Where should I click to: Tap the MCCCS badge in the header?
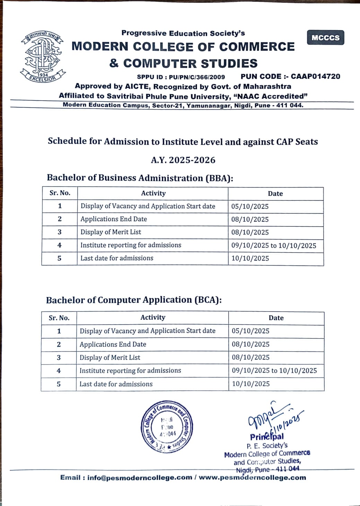pyautogui.click(x=325, y=38)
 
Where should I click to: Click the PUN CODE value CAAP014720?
pyautogui.click(x=315, y=76)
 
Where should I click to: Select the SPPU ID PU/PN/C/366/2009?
pyautogui.click(x=197, y=77)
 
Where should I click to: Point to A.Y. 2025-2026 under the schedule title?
pyautogui.click(x=183, y=160)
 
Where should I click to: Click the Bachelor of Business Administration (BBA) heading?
pyautogui.click(x=140, y=178)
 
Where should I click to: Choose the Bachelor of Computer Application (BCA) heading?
pyautogui.click(x=134, y=300)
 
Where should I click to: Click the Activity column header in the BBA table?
pyautogui.click(x=153, y=193)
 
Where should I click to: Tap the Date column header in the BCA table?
pyautogui.click(x=276, y=318)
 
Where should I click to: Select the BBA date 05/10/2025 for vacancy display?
pyautogui.click(x=250, y=207)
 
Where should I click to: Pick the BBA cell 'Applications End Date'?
pyautogui.click(x=114, y=219)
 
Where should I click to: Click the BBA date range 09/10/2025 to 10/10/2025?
pyautogui.click(x=274, y=246)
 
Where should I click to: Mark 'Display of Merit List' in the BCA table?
pyautogui.click(x=110, y=357)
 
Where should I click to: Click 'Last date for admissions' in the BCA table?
pyautogui.click(x=116, y=384)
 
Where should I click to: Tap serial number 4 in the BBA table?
pyautogui.click(x=59, y=245)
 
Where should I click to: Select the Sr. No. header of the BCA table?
pyautogui.click(x=59, y=318)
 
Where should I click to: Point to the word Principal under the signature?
pyautogui.click(x=267, y=437)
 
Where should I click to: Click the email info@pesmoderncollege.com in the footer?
pyautogui.click(x=140, y=478)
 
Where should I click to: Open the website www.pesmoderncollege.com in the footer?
pyautogui.click(x=252, y=478)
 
